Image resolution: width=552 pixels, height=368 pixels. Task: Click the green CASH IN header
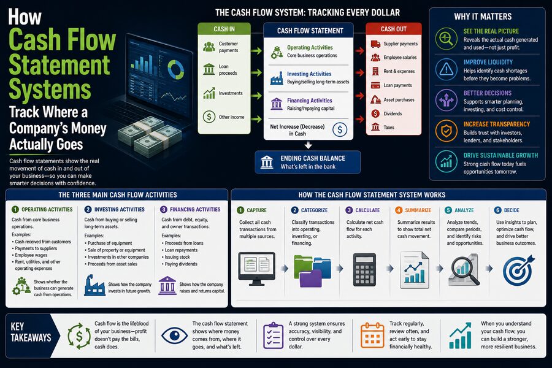coord(224,29)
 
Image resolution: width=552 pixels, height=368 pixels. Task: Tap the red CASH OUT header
coord(394,29)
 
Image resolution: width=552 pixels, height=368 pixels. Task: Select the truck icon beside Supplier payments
coord(375,44)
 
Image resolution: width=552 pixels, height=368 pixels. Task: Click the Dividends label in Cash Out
coord(393,113)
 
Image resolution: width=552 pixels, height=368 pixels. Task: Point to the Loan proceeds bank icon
coord(209,69)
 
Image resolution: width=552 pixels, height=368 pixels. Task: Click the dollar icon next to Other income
coord(209,117)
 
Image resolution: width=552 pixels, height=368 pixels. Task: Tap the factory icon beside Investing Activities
coord(277,78)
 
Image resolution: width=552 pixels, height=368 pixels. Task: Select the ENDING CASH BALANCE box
coord(308,163)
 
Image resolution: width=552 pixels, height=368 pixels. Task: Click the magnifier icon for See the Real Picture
coord(447,39)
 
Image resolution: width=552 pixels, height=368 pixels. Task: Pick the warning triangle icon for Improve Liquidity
coord(447,69)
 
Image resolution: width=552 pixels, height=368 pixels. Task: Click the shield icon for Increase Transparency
coord(447,131)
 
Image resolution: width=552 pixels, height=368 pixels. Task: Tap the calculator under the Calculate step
coord(364,269)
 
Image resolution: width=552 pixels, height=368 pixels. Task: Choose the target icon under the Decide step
coord(518,270)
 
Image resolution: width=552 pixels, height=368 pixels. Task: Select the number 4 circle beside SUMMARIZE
coord(399,210)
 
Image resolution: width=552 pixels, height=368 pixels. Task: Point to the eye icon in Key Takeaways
coord(174,335)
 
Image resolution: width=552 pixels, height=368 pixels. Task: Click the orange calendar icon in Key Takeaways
coord(372,335)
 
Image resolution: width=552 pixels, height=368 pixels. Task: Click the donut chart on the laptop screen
coord(175,69)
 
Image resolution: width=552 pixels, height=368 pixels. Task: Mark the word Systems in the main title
coord(50,90)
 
